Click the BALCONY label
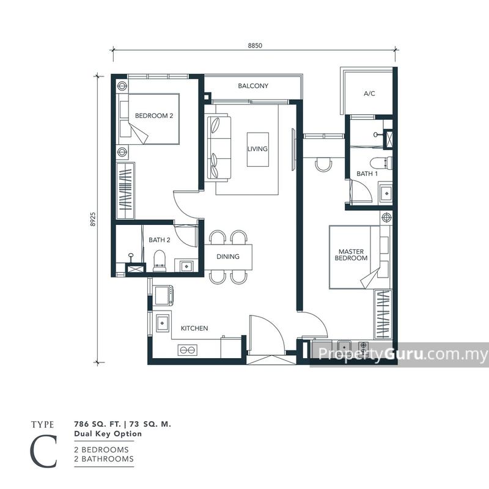pyautogui.click(x=253, y=86)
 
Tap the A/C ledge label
pyautogui.click(x=369, y=94)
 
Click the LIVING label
pyautogui.click(x=257, y=149)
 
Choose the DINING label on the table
pyautogui.click(x=227, y=257)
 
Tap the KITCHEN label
pyautogui.click(x=194, y=328)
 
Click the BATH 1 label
pyautogui.click(x=367, y=174)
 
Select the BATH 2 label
pyautogui.click(x=159, y=240)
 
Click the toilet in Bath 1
pyautogui.click(x=384, y=162)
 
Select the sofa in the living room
pyautogui.click(x=219, y=148)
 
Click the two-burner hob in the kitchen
pyautogui.click(x=186, y=350)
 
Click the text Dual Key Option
pyautogui.click(x=108, y=434)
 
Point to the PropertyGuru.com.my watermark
pyautogui.click(x=400, y=354)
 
